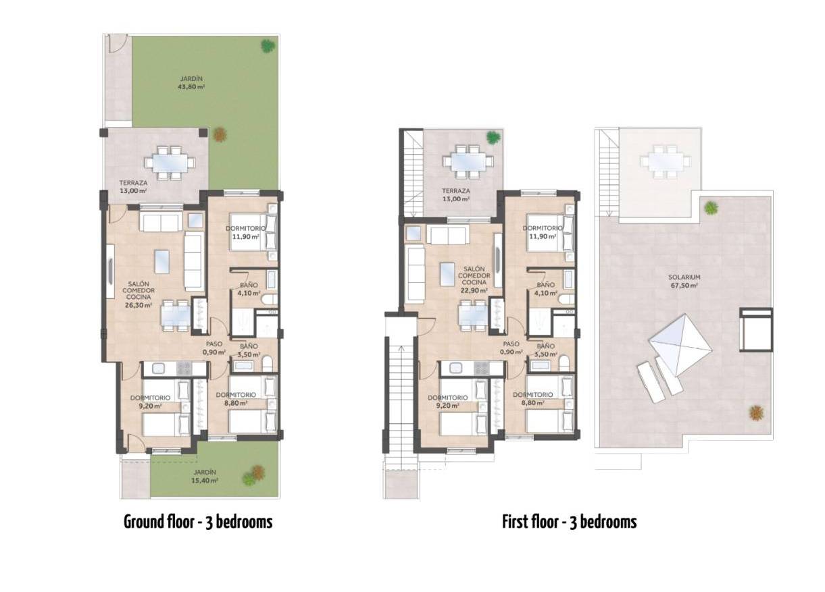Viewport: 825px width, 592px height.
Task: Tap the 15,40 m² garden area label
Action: click(203, 477)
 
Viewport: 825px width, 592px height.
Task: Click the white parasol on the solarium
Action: click(680, 342)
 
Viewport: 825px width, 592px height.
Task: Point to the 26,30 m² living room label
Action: click(140, 295)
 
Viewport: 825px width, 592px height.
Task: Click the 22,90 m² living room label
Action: click(474, 282)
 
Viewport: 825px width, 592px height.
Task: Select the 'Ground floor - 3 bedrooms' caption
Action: click(198, 522)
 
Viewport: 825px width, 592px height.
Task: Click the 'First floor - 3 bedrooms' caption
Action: click(569, 522)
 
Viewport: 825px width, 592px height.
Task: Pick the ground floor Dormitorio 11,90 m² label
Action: click(245, 233)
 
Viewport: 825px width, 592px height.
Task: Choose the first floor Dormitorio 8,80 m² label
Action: click(533, 398)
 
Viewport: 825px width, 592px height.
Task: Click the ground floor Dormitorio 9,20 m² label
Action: click(151, 402)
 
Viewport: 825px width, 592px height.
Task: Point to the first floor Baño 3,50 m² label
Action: click(545, 350)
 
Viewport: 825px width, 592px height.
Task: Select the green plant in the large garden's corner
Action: click(268, 46)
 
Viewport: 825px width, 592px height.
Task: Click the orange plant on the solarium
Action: click(756, 411)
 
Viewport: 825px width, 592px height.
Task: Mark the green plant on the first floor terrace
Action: click(494, 136)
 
